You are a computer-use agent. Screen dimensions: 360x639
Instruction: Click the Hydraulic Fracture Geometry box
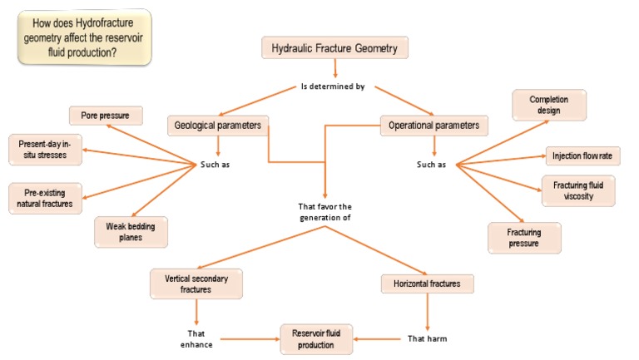point(334,48)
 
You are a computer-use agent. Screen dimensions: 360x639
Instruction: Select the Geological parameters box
point(218,126)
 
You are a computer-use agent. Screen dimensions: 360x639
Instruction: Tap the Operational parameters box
point(433,126)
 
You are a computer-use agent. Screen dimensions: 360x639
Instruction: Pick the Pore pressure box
point(105,115)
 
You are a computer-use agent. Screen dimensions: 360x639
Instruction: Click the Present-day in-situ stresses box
point(45,150)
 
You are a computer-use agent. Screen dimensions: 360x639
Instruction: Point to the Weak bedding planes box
point(131,230)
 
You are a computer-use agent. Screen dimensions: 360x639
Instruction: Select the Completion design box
point(549,106)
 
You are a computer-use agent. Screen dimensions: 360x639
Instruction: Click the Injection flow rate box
point(582,155)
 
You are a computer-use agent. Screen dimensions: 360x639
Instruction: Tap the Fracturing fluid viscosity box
point(579,190)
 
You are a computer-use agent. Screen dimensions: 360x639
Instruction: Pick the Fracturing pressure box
point(523,237)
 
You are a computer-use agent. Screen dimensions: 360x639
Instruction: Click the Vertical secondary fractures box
point(196,284)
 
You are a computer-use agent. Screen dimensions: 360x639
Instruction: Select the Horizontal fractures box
point(427,284)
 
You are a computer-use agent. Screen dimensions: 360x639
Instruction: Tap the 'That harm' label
point(427,338)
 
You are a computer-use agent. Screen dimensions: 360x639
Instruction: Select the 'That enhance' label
point(196,338)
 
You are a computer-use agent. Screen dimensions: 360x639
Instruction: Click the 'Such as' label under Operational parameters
point(431,164)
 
